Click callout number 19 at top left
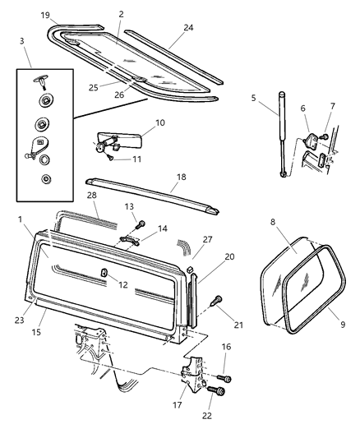click(45, 16)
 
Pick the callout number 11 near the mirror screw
click(136, 159)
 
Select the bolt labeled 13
click(141, 224)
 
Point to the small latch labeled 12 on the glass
click(104, 273)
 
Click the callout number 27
click(206, 239)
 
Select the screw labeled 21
click(217, 298)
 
